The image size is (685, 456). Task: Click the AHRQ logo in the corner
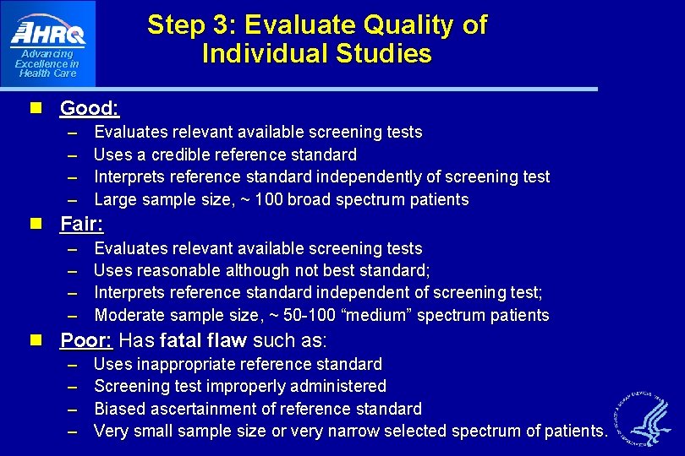[48, 34]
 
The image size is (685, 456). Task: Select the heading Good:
[90, 108]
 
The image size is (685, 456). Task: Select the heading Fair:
[81, 225]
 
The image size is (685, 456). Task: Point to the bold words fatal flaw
[203, 340]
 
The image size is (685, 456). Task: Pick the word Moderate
[129, 315]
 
